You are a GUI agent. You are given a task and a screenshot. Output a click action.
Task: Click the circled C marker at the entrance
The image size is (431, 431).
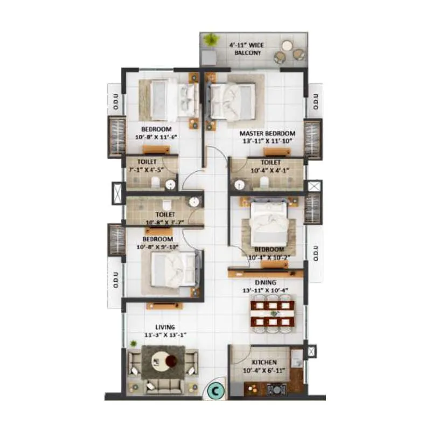pyautogui.click(x=215, y=390)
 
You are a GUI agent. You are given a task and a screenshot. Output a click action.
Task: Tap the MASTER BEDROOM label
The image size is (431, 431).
pyautogui.click(x=267, y=134)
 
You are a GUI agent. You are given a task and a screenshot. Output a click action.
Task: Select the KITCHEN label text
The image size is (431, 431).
pyautogui.click(x=264, y=363)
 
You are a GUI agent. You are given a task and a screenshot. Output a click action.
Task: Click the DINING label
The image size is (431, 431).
pyautogui.click(x=266, y=282)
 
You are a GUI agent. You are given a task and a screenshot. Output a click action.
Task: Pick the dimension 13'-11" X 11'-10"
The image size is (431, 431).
pyautogui.click(x=267, y=142)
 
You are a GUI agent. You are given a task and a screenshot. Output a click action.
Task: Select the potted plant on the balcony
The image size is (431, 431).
pyautogui.click(x=211, y=40)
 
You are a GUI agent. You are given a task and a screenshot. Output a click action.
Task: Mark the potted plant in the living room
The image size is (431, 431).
pyautogui.click(x=133, y=343)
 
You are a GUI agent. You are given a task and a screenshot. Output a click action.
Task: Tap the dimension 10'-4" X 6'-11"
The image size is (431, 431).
pyautogui.click(x=264, y=371)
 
